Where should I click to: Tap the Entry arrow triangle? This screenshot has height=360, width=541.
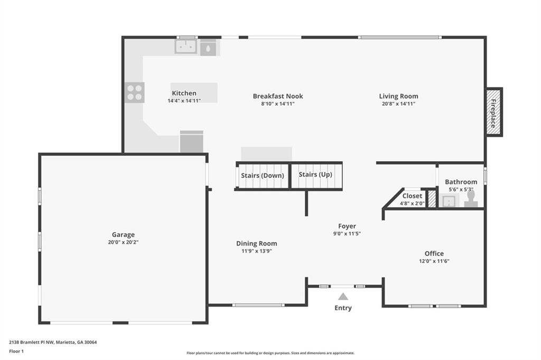pyautogui.click(x=342, y=297)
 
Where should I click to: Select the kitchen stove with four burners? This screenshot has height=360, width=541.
pyautogui.click(x=135, y=93)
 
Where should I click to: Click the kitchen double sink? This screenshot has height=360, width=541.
pyautogui.click(x=185, y=47)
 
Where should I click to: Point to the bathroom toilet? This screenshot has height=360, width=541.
pyautogui.click(x=471, y=200)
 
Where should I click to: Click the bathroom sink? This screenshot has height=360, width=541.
pyautogui.click(x=449, y=200)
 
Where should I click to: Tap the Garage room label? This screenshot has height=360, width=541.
pyautogui.click(x=123, y=235)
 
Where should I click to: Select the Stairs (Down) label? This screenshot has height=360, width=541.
pyautogui.click(x=263, y=176)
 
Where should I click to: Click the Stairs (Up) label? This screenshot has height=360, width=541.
pyautogui.click(x=315, y=174)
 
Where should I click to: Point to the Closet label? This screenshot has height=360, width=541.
pyautogui.click(x=412, y=196)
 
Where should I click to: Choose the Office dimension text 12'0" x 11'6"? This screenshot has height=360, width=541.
pyautogui.click(x=434, y=261)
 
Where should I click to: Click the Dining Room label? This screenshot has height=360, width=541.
pyautogui.click(x=256, y=243)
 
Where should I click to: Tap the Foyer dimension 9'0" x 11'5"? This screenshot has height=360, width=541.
pyautogui.click(x=347, y=234)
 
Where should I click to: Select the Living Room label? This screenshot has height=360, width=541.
pyautogui.click(x=398, y=96)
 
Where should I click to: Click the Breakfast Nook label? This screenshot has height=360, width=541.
pyautogui.click(x=278, y=96)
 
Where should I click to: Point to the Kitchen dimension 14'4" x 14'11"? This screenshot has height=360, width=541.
pyautogui.click(x=184, y=101)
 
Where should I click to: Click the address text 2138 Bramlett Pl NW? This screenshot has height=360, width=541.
pyautogui.click(x=31, y=343)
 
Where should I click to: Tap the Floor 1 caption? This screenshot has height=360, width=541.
pyautogui.click(x=16, y=352)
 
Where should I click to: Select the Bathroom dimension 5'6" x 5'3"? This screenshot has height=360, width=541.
pyautogui.click(x=461, y=189)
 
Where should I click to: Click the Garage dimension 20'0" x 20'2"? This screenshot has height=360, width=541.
pyautogui.click(x=123, y=242)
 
